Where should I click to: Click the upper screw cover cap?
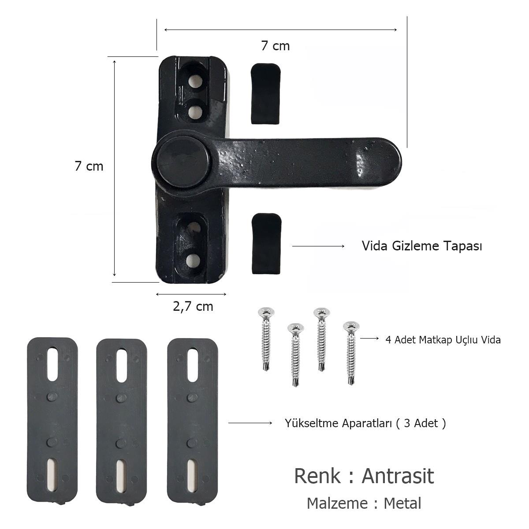coord(266,93)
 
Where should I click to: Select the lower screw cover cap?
coord(266,243)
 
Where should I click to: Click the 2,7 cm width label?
coord(193,306)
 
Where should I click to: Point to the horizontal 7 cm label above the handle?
coord(276,45)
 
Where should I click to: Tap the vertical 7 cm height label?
coord(89,166)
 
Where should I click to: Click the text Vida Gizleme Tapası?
coord(422,246)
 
